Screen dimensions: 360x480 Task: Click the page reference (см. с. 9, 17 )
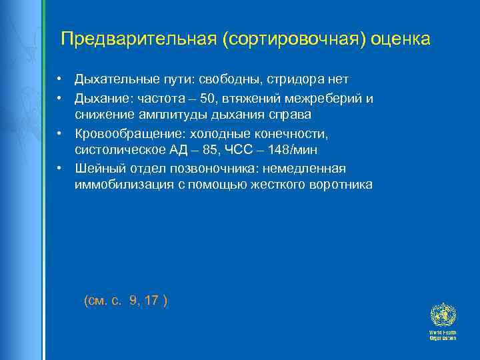coord(126,301)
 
